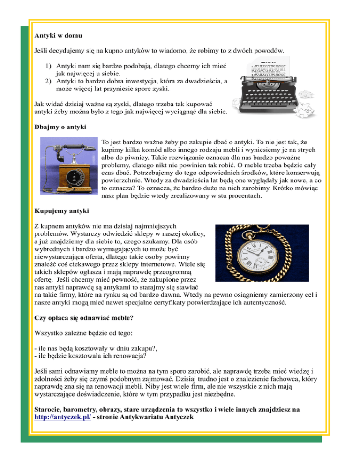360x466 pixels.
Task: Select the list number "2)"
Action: coord(49,81)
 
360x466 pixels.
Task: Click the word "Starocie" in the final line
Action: coord(50,409)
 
